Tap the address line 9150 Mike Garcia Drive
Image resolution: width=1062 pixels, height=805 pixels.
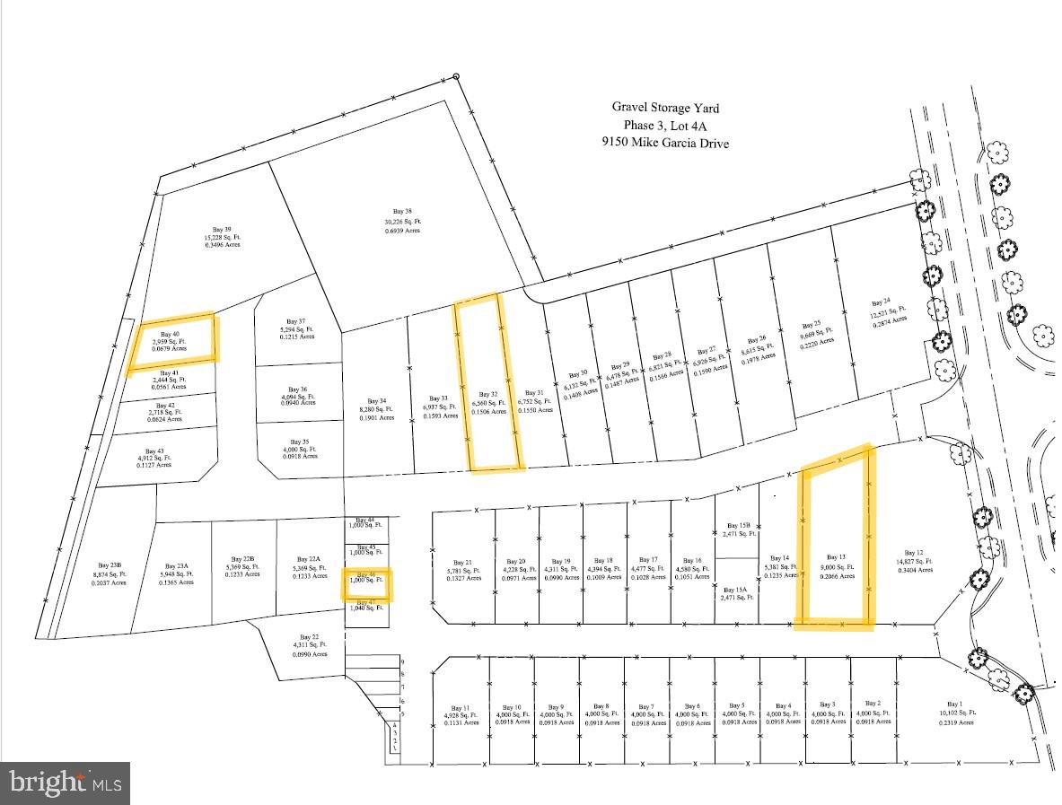665,143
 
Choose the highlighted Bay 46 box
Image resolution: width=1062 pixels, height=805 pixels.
365,582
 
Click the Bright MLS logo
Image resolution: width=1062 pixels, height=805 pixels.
66,783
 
